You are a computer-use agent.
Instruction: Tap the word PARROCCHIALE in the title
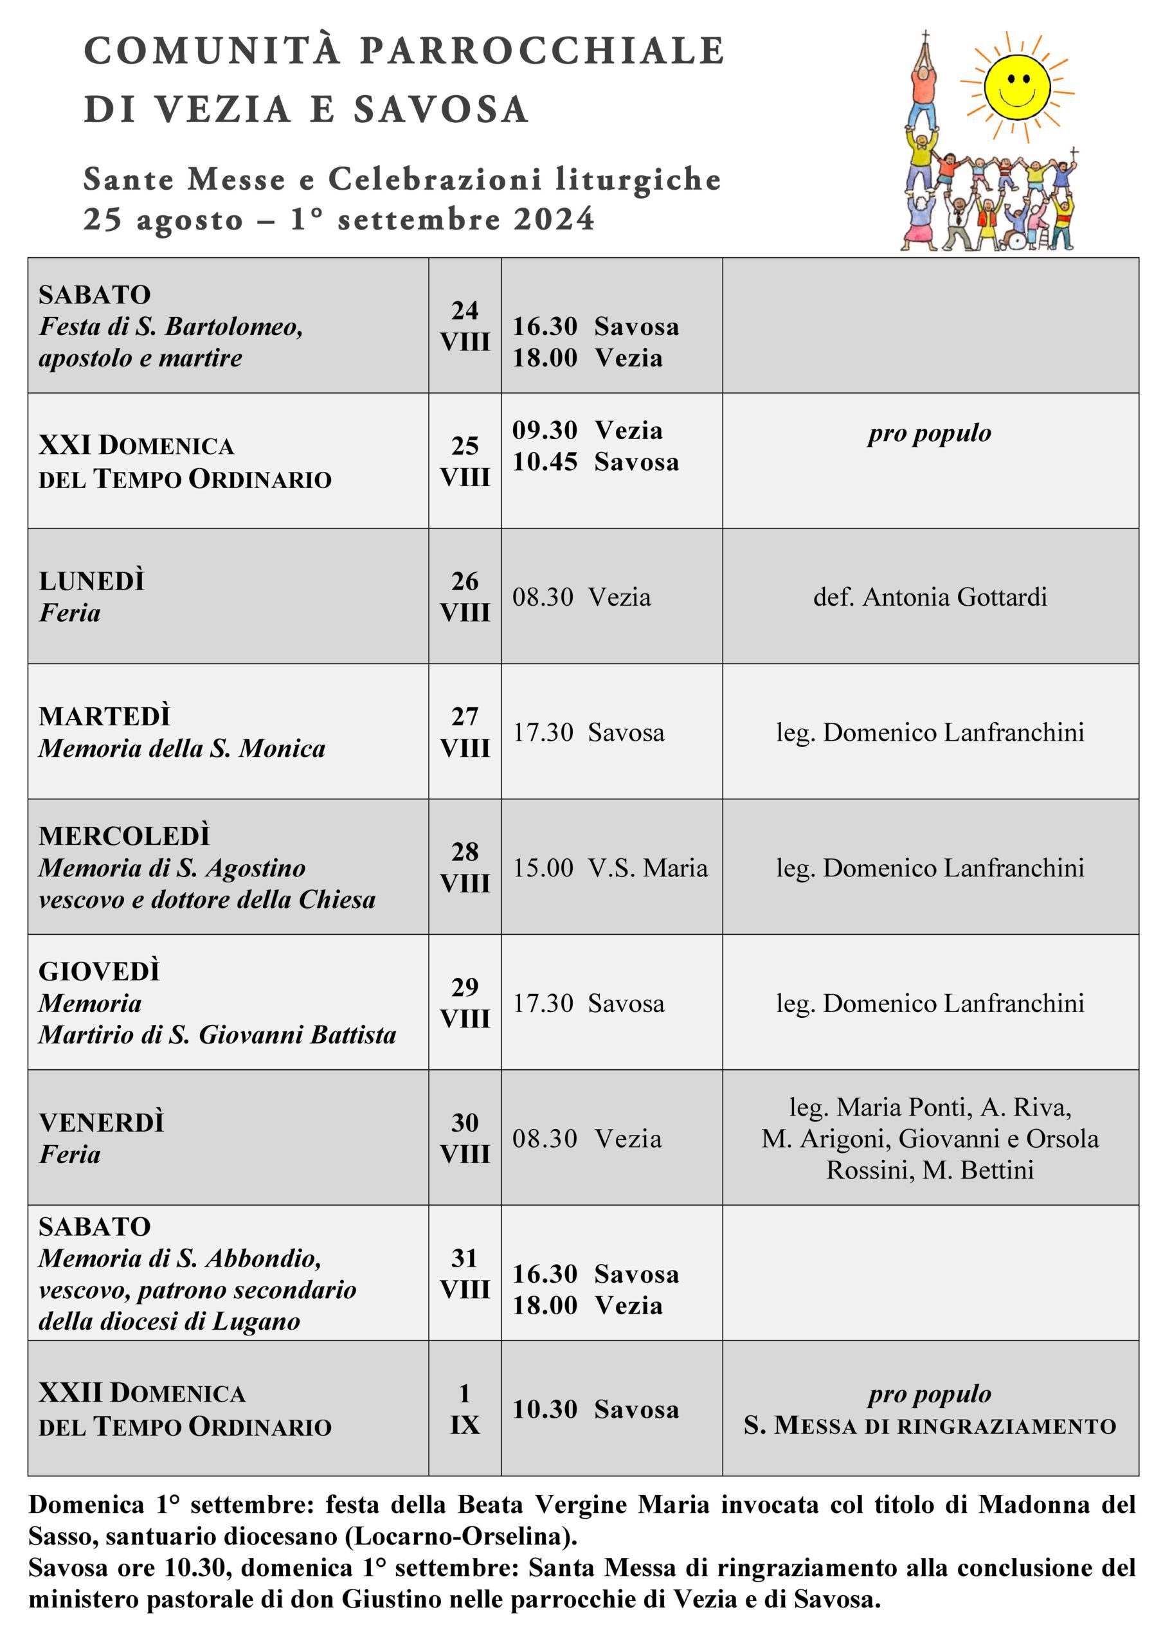(542, 51)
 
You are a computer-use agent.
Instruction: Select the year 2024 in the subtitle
(554, 219)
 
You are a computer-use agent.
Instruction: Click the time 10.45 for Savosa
(545, 462)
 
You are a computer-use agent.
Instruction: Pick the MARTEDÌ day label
(105, 716)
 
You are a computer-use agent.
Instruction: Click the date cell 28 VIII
(465, 867)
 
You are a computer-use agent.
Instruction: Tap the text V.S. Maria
(647, 868)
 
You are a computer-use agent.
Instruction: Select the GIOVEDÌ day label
(99, 972)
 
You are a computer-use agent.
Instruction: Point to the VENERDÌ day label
(101, 1123)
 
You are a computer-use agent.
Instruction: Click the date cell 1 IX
(465, 1409)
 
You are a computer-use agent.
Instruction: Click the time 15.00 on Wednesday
(543, 868)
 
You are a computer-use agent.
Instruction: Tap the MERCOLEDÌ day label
(124, 836)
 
